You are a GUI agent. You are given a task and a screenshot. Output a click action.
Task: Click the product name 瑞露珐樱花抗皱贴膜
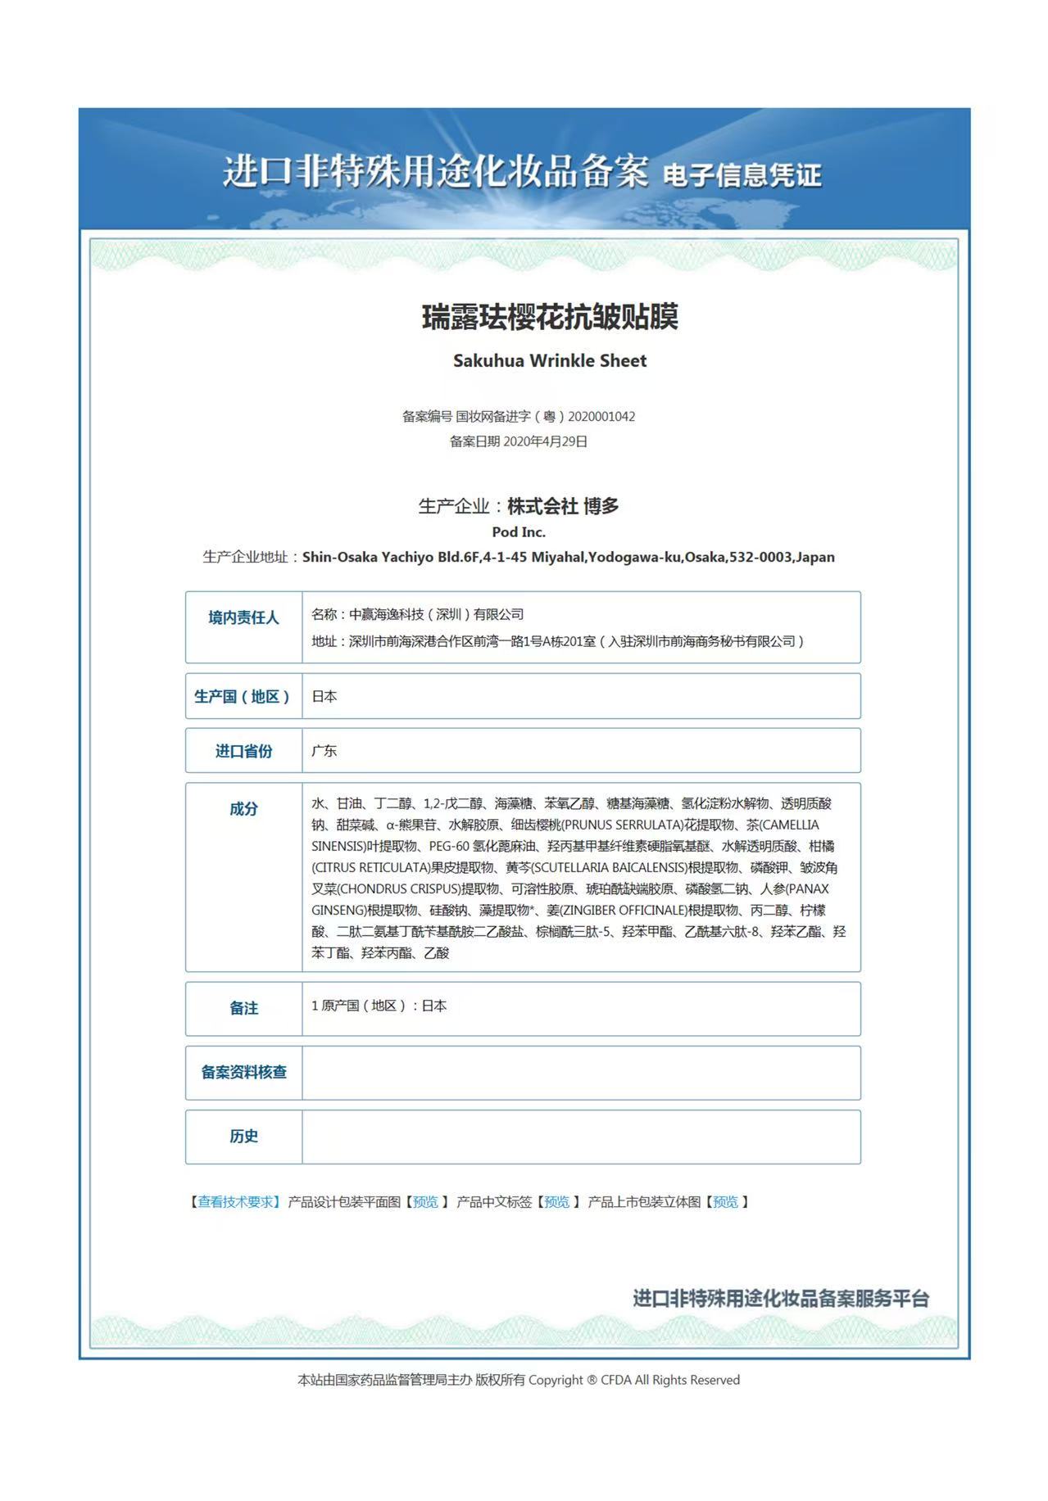tap(550, 317)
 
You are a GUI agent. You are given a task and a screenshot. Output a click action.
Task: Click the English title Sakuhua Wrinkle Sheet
tap(550, 360)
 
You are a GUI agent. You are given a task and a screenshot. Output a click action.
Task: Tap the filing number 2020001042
tap(601, 416)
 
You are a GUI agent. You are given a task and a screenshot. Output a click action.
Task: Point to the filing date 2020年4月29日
tap(545, 441)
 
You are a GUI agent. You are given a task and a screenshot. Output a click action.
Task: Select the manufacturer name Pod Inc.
tap(519, 531)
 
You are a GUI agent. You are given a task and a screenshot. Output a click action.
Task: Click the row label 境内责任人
tap(243, 617)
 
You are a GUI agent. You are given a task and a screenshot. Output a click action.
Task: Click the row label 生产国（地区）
tap(243, 696)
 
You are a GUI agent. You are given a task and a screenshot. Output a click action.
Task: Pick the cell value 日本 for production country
tap(324, 696)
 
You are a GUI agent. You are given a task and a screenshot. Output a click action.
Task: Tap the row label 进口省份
tap(243, 751)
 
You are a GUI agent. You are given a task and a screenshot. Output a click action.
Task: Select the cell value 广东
tap(324, 751)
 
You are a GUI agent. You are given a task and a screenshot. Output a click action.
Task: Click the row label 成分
tap(243, 809)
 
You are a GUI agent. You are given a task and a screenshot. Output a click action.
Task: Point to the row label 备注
tap(243, 1008)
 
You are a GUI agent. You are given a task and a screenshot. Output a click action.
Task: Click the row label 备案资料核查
tap(243, 1072)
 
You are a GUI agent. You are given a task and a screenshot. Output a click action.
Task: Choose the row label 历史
tap(243, 1136)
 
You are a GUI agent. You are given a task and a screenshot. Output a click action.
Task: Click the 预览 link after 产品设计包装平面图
tap(425, 1201)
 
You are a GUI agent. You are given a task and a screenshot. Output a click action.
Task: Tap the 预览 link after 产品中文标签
tap(557, 1201)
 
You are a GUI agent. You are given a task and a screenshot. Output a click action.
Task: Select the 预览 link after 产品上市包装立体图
tap(725, 1201)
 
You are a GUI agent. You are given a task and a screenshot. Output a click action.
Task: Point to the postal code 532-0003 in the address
tap(762, 557)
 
